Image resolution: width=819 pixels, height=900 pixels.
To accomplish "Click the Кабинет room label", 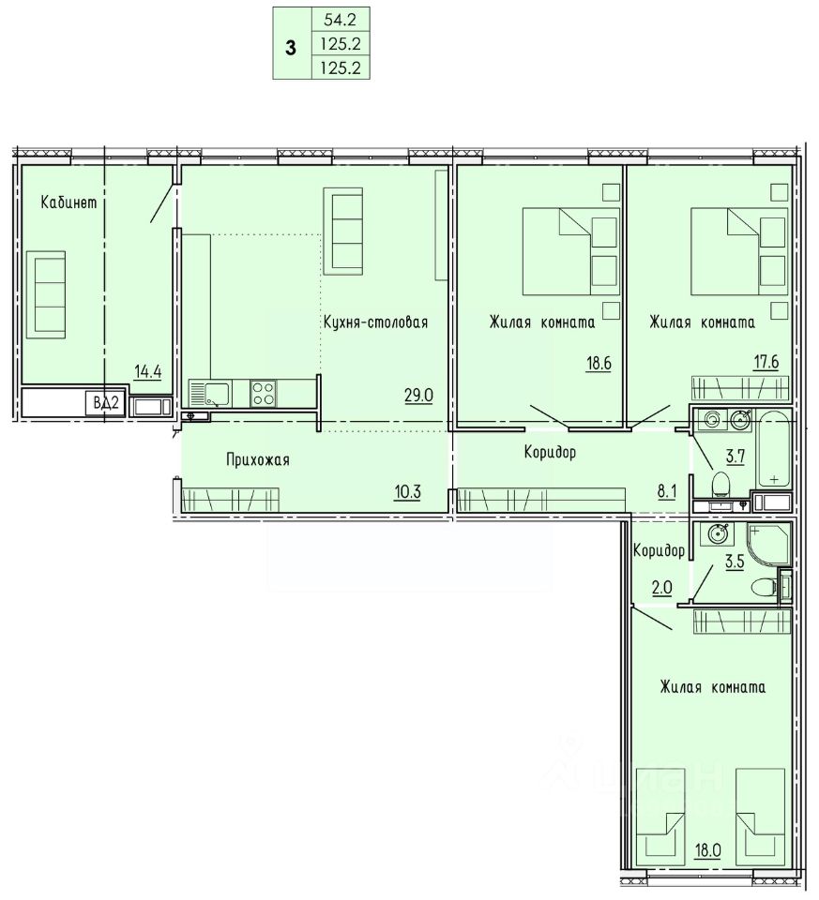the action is [x=68, y=202].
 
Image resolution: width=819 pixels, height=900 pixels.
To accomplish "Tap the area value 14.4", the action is [x=148, y=372].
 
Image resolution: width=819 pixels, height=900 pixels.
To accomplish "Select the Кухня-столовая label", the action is [x=375, y=322].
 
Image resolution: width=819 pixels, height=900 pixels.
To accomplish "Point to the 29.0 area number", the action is [x=418, y=395].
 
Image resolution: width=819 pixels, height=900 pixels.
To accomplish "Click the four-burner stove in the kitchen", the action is [x=263, y=394].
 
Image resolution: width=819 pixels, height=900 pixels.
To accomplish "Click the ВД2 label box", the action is [x=106, y=403].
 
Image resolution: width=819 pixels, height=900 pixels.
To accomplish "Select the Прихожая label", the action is [x=258, y=459].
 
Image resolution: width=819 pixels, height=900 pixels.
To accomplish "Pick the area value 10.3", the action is [x=407, y=492].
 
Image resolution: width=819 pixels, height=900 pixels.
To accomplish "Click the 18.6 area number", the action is [x=599, y=364].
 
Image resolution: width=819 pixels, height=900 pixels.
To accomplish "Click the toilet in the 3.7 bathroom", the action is [x=720, y=485].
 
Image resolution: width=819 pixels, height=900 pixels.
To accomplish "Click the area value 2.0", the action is [x=661, y=588].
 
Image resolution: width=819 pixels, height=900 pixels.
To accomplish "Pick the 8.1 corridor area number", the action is [x=667, y=492].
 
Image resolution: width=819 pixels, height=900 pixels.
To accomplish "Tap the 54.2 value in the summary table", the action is [x=340, y=20].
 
